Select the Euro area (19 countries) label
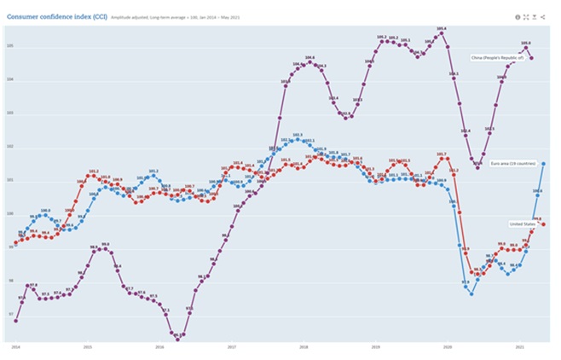513,163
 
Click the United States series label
521,224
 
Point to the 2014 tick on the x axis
15,347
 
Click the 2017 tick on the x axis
232,347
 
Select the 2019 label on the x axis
376,347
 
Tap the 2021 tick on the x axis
520,347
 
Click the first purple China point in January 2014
16,321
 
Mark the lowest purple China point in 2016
178,337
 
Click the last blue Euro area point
544,163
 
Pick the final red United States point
544,224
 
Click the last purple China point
532,58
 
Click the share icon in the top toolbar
543,16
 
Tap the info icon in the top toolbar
518,16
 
